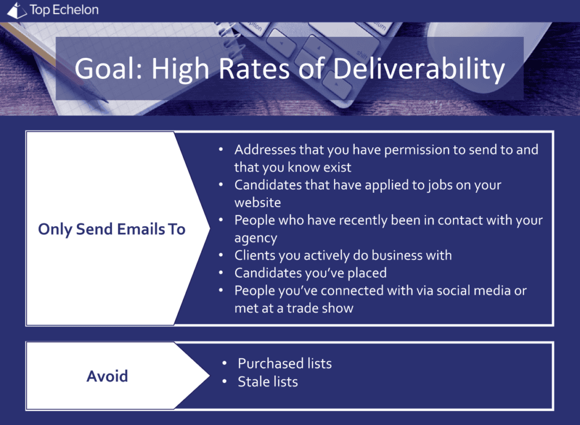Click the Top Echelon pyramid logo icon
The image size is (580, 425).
17,10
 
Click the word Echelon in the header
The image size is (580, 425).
75,10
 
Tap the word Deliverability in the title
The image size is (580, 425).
419,69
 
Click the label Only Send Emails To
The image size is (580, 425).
112,229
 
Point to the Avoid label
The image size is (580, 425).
107,376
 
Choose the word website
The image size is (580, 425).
258,202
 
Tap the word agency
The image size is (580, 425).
255,239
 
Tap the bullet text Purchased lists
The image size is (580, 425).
285,364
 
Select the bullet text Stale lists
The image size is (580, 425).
268,382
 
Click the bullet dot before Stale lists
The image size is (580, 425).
224,381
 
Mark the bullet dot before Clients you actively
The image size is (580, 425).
221,255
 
